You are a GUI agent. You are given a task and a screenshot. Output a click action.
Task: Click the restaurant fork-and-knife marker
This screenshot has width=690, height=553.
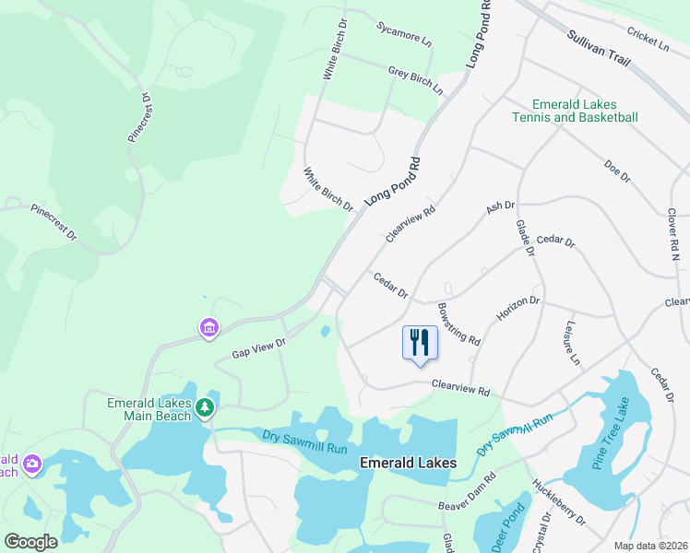coord(420,343)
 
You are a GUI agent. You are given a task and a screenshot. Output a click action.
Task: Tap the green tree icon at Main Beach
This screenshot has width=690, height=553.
coord(205,406)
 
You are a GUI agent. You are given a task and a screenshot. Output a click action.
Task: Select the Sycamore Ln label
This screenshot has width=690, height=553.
coord(404,35)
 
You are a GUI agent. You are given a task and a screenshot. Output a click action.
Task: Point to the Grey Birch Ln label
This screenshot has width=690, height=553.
coord(415,80)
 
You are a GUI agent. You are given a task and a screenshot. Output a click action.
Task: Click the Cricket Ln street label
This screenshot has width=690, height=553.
coord(648,38)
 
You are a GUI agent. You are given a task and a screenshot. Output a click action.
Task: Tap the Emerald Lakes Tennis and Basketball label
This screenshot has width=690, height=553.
coord(575,111)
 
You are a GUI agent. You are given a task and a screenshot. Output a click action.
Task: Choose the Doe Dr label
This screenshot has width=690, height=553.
coord(616,170)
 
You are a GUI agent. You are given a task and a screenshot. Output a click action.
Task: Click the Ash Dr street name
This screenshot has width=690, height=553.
coord(500,210)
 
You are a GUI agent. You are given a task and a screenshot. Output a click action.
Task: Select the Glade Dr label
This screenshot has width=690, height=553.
coord(525,237)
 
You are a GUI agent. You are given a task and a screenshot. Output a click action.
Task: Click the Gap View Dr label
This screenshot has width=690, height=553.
coord(259,347)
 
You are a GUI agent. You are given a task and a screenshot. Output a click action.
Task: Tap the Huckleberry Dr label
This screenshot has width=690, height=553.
coord(559,500)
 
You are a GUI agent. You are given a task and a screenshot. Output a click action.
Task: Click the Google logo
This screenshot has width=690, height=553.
coord(30,542)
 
